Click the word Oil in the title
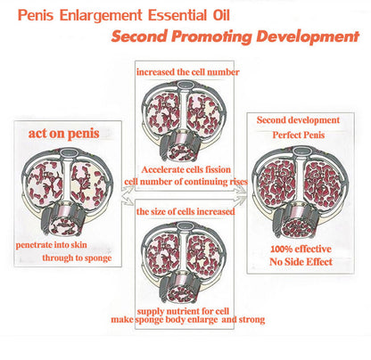221,15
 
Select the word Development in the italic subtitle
308,37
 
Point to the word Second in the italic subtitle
139,37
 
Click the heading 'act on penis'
63,134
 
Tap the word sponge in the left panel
98,258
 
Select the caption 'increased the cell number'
188,72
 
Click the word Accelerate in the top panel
161,169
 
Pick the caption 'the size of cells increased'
185,211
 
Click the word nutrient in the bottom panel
182,311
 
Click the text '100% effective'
301,249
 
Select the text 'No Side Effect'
301,262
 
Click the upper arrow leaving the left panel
128,190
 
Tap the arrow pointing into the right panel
240,197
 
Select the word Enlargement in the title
101,16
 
